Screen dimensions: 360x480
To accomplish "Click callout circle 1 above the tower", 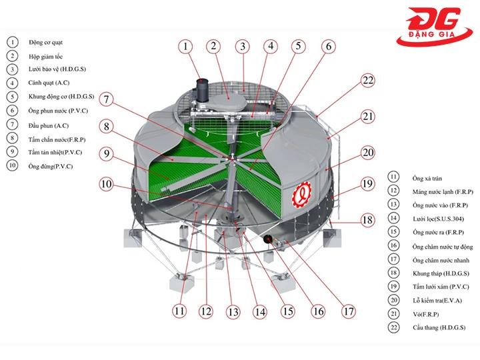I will [x=186, y=47].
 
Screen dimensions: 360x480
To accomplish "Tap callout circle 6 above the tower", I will [x=327, y=47].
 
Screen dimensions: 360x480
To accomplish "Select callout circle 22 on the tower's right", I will [x=368, y=80].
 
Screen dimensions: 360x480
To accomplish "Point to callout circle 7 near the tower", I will [x=107, y=99].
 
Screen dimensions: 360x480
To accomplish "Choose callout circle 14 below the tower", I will [x=260, y=311].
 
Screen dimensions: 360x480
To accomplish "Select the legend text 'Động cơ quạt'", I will [x=45, y=42].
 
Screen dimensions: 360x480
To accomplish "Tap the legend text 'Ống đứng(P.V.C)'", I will [x=51, y=167].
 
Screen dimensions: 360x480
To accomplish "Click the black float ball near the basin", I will [x=269, y=239].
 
